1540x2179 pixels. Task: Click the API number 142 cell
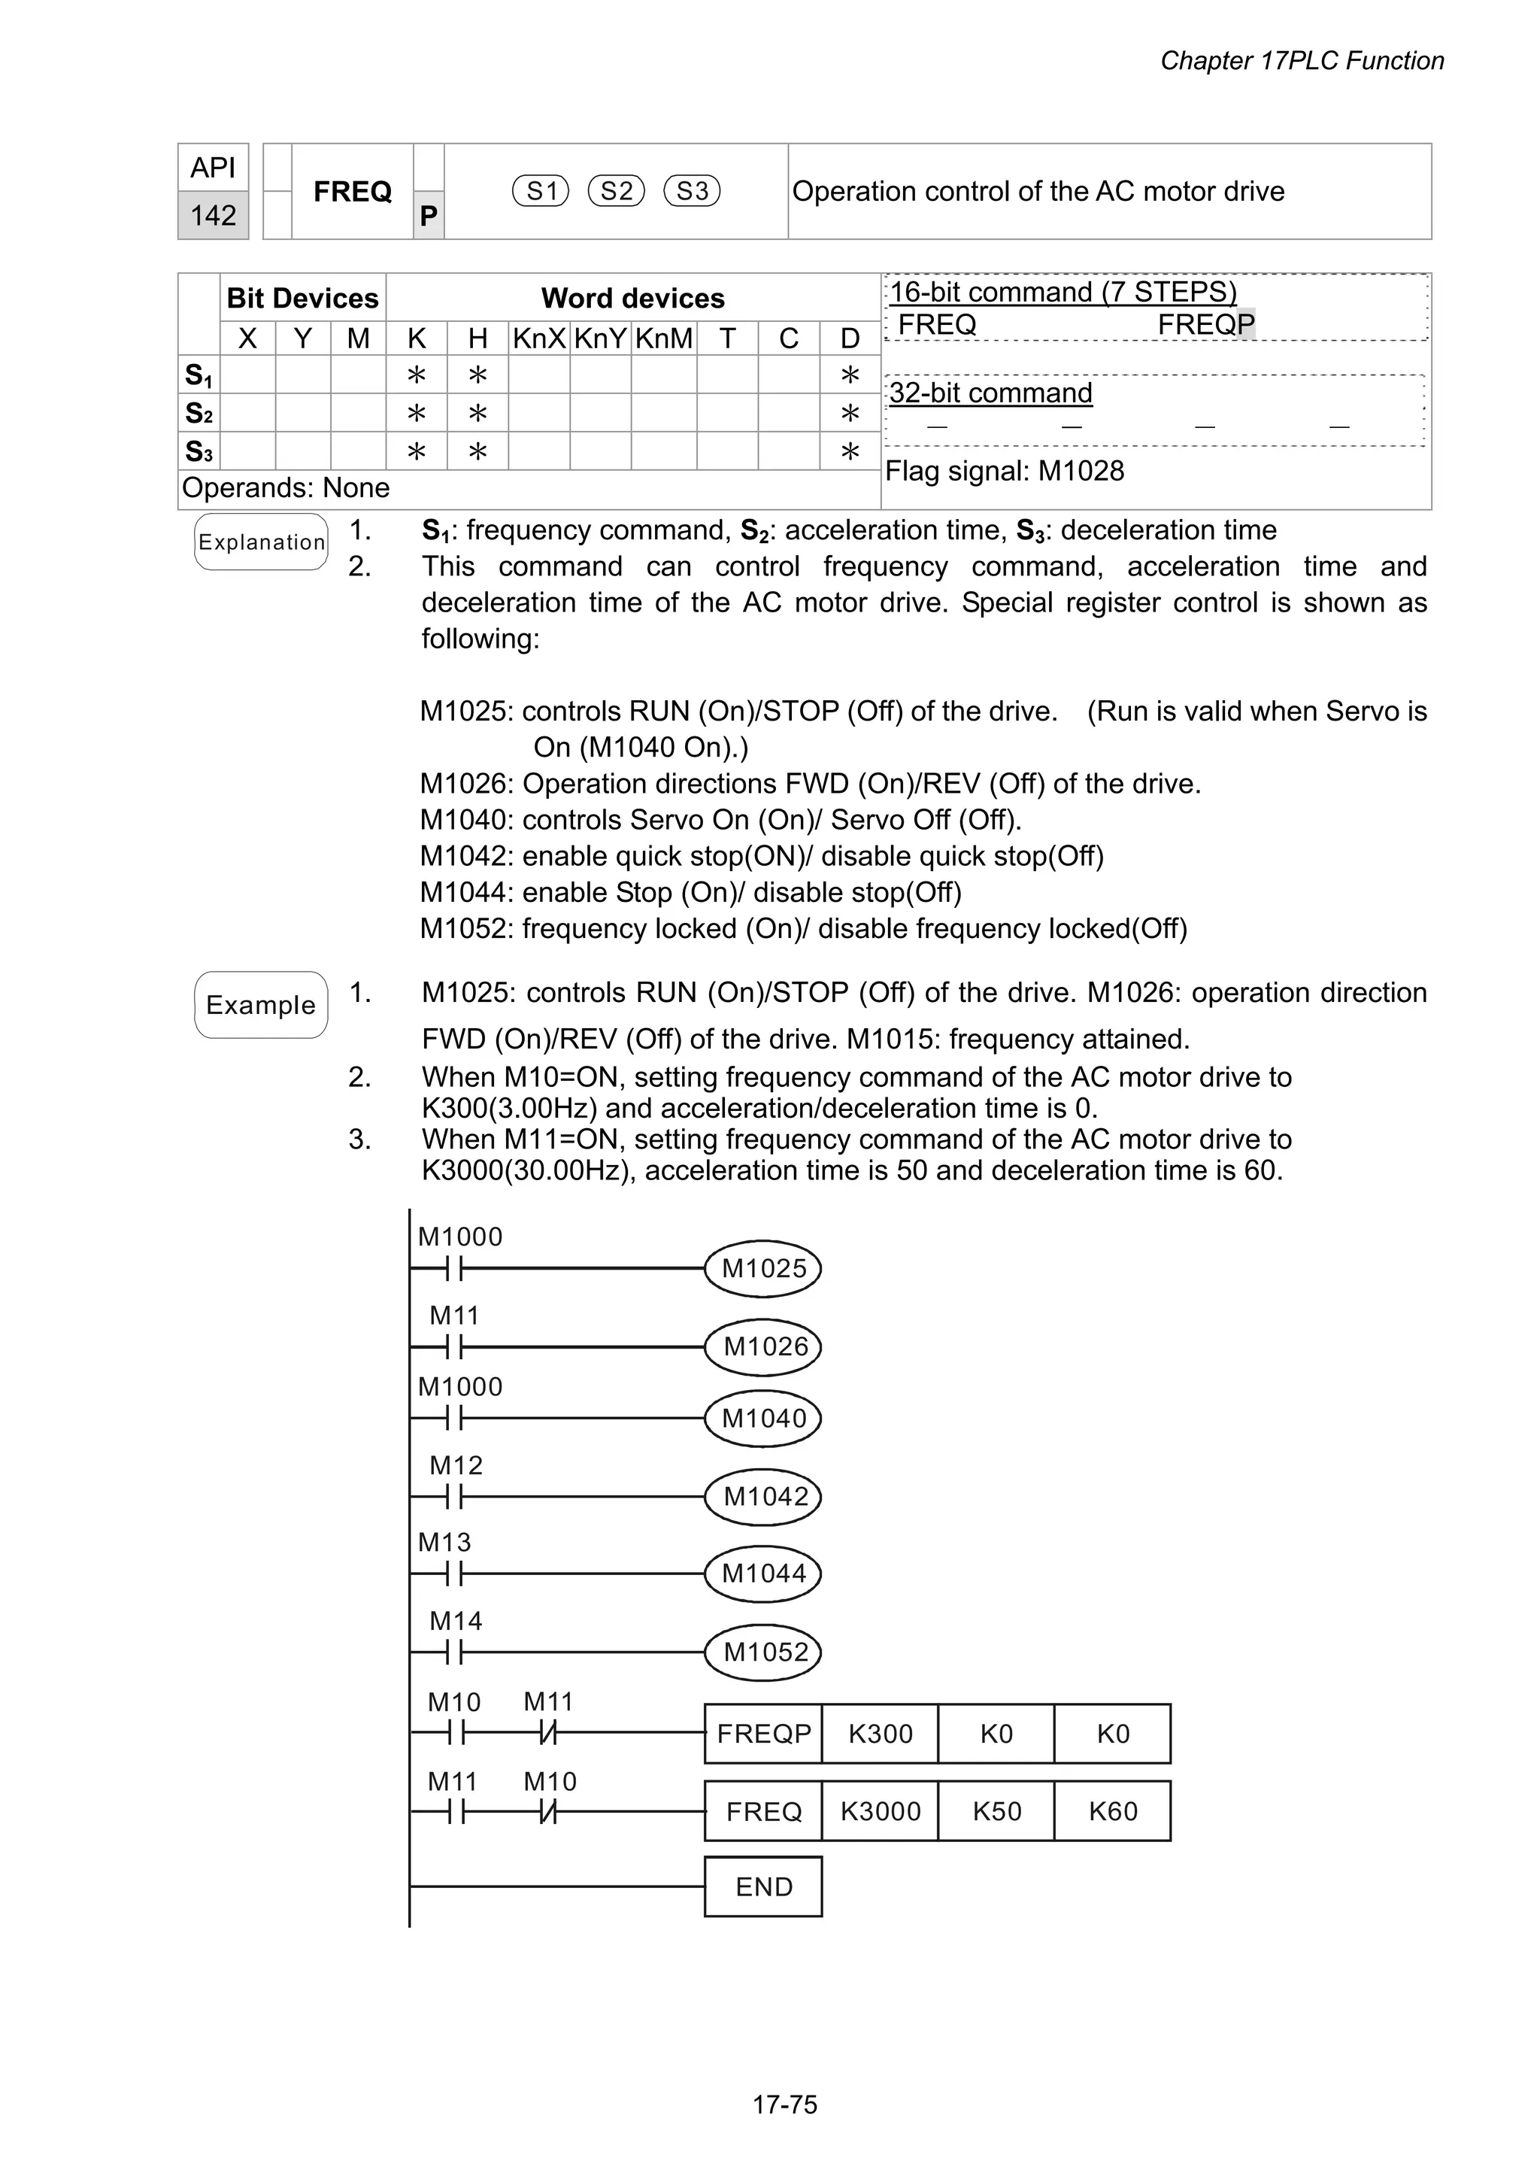pos(213,215)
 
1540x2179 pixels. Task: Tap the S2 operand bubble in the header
pos(616,191)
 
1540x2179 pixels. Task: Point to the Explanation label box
pos(261,542)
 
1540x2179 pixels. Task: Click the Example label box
pos(261,1005)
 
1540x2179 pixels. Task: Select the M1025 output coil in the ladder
pos(763,1268)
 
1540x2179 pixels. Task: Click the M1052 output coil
pos(763,1652)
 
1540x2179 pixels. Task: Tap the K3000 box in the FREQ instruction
pos(880,1812)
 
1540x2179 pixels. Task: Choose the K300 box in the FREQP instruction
pos(880,1734)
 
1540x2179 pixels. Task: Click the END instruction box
pos(763,1886)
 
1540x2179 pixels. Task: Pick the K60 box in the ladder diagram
pos(1112,1812)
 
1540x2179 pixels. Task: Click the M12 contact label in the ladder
pos(456,1465)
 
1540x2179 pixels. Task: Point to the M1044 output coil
pos(763,1574)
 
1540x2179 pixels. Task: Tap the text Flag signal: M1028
pos(1004,471)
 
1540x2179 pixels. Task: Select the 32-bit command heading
pos(990,393)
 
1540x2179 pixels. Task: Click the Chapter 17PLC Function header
pos(1301,61)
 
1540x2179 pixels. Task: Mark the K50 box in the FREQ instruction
pos(996,1812)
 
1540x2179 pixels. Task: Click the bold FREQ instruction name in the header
pos(352,192)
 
